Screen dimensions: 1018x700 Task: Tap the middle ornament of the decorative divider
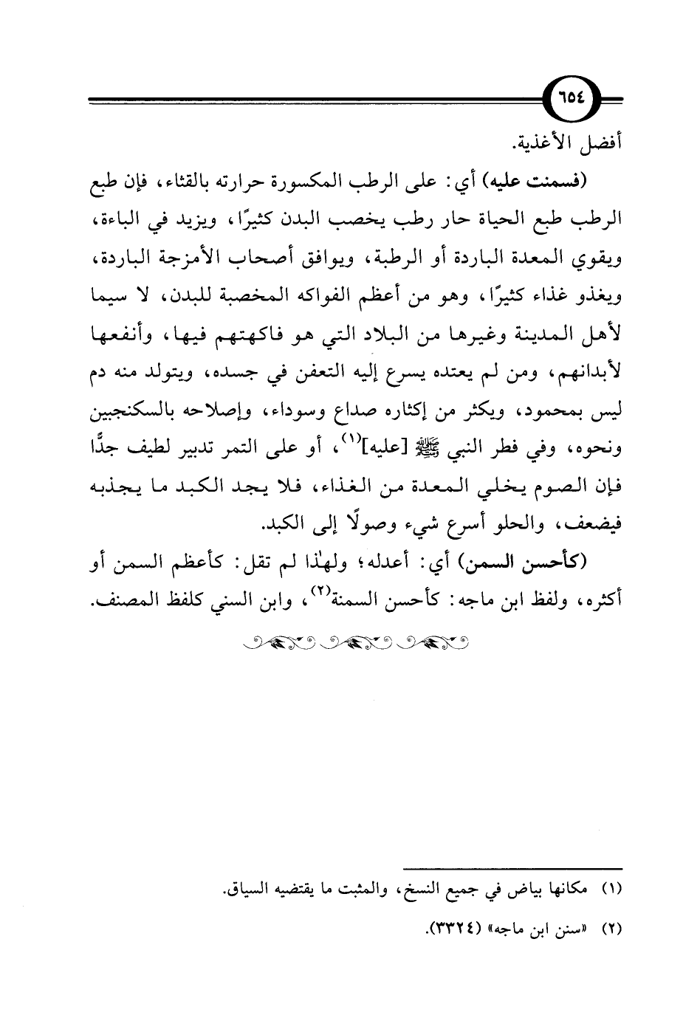(356, 641)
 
